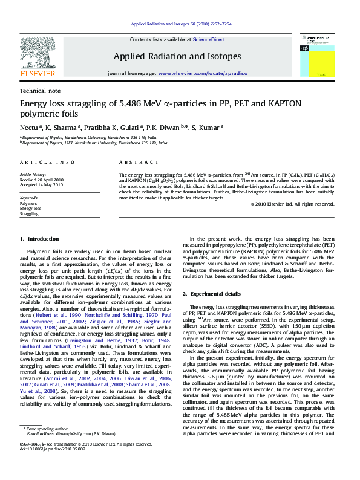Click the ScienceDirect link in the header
pos(209,39)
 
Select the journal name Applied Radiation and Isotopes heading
pos(177,56)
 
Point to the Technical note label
pos(37,91)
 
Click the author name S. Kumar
pos(208,128)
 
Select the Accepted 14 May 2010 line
pos(42,184)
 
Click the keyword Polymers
pos(28,204)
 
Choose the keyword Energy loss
pos(31,209)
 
